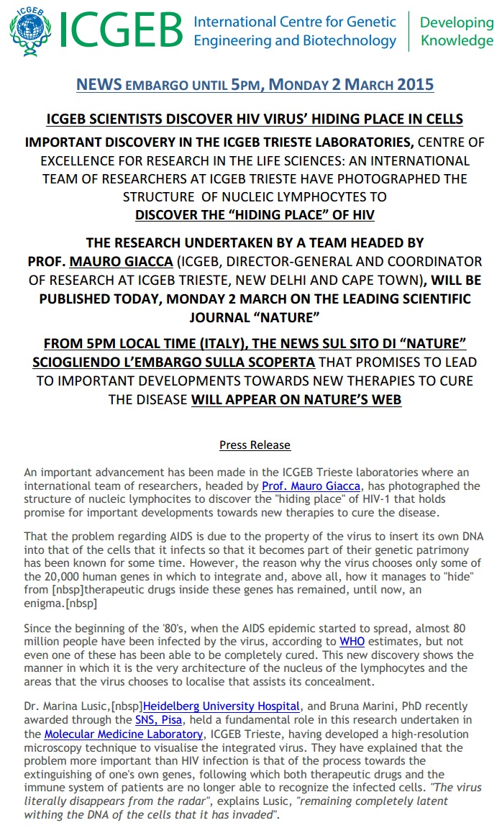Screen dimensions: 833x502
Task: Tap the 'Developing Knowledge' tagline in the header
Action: (456, 32)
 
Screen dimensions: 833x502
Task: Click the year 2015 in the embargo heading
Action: (414, 85)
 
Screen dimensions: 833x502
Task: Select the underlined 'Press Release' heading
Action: (255, 445)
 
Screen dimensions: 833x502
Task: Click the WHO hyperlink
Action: (352, 642)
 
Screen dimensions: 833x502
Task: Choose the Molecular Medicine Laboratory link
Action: (123, 734)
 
